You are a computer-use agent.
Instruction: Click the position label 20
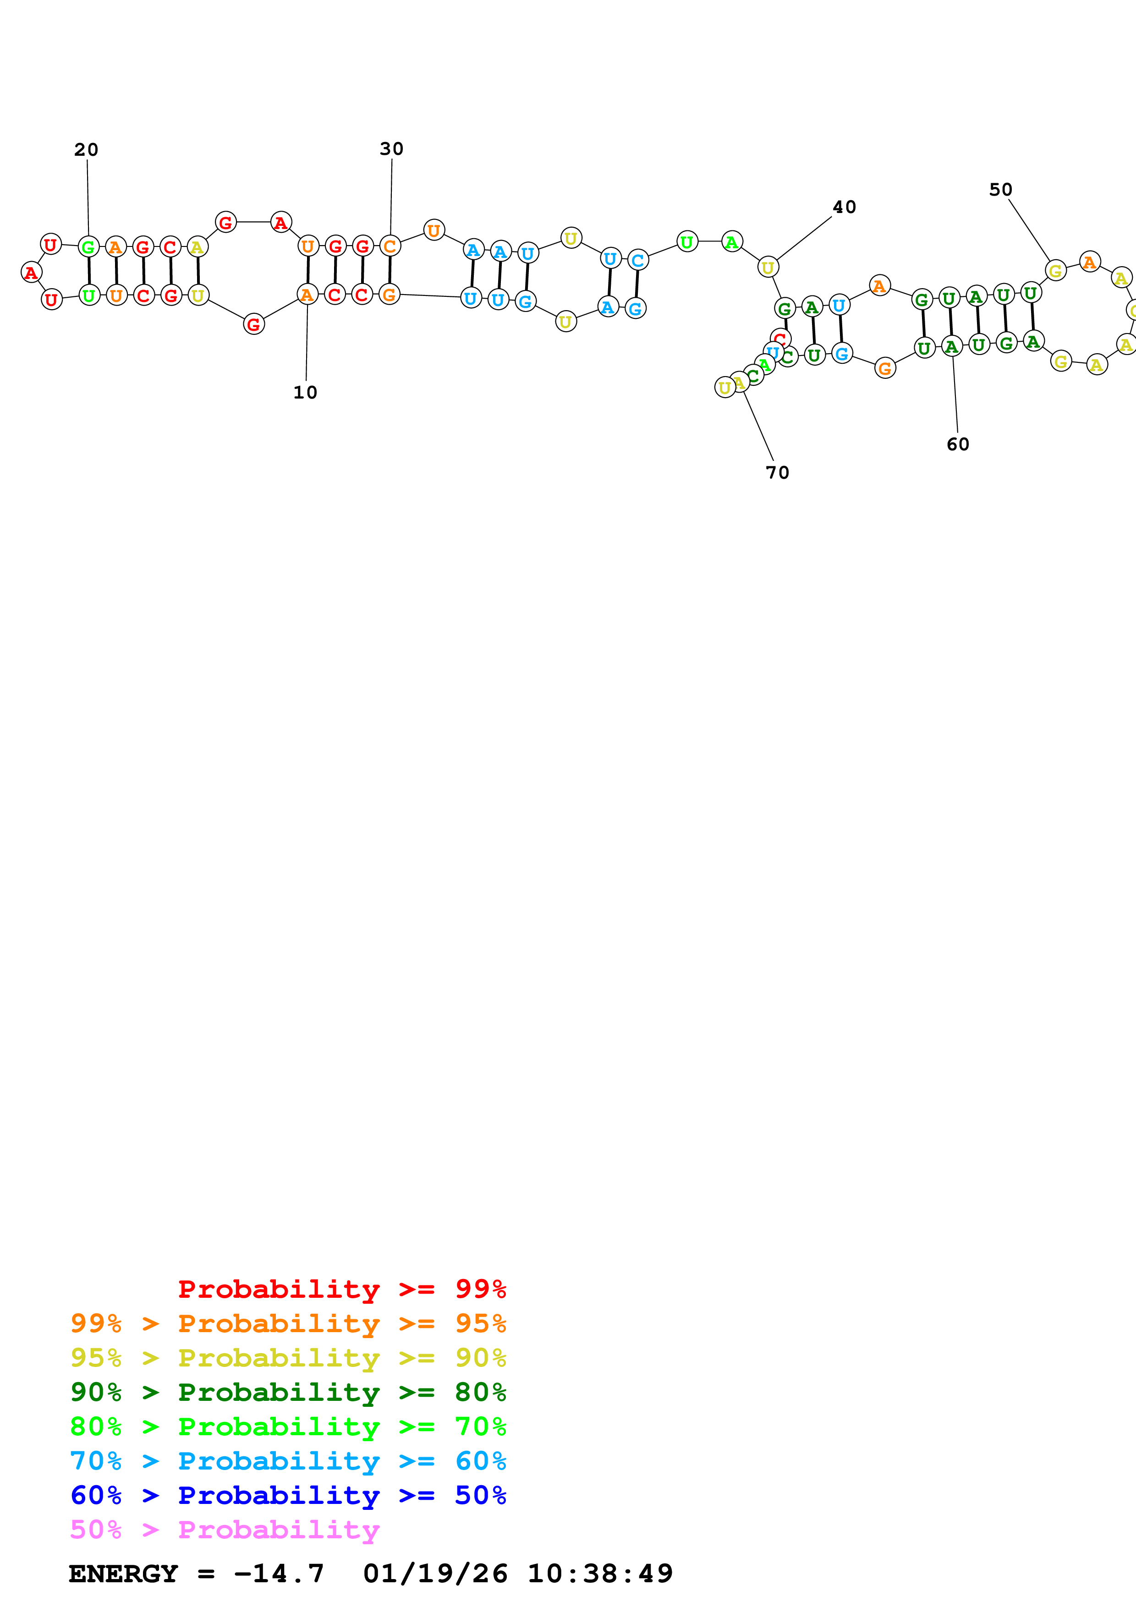pyautogui.click(x=86, y=150)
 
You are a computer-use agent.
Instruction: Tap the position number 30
pyautogui.click(x=391, y=149)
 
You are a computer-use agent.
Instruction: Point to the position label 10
pyautogui.click(x=305, y=393)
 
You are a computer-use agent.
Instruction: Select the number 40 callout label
pyautogui.click(x=844, y=207)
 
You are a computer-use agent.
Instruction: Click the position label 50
pyautogui.click(x=1000, y=190)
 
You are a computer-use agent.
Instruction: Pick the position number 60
pyautogui.click(x=958, y=444)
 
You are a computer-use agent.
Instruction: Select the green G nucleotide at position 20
pyautogui.click(x=88, y=246)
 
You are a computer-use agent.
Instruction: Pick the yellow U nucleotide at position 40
pyautogui.click(x=768, y=268)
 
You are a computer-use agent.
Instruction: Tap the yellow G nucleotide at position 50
pyautogui.click(x=1055, y=270)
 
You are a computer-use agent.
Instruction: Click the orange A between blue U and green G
pyautogui.click(x=879, y=285)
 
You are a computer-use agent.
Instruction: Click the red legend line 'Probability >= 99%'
pyautogui.click(x=341, y=1289)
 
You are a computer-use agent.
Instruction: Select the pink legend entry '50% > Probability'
pyautogui.click(x=224, y=1530)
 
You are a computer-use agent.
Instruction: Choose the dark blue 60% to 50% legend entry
pyautogui.click(x=288, y=1496)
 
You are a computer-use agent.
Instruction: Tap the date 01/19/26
pyautogui.click(x=435, y=1574)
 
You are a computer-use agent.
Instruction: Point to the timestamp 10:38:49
pyautogui.click(x=600, y=1574)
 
